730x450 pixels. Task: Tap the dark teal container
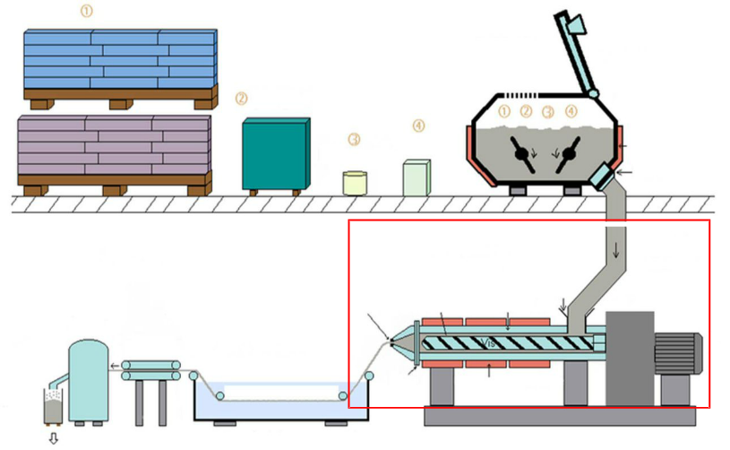pyautogui.click(x=275, y=154)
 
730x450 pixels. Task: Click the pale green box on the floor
pyautogui.click(x=417, y=177)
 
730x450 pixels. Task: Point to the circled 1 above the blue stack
pyautogui.click(x=86, y=12)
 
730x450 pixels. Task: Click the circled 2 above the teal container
pyautogui.click(x=241, y=98)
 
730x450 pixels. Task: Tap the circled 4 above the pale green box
pyautogui.click(x=418, y=125)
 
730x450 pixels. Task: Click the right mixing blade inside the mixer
pyautogui.click(x=568, y=153)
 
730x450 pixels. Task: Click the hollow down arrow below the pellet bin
pyautogui.click(x=53, y=438)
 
